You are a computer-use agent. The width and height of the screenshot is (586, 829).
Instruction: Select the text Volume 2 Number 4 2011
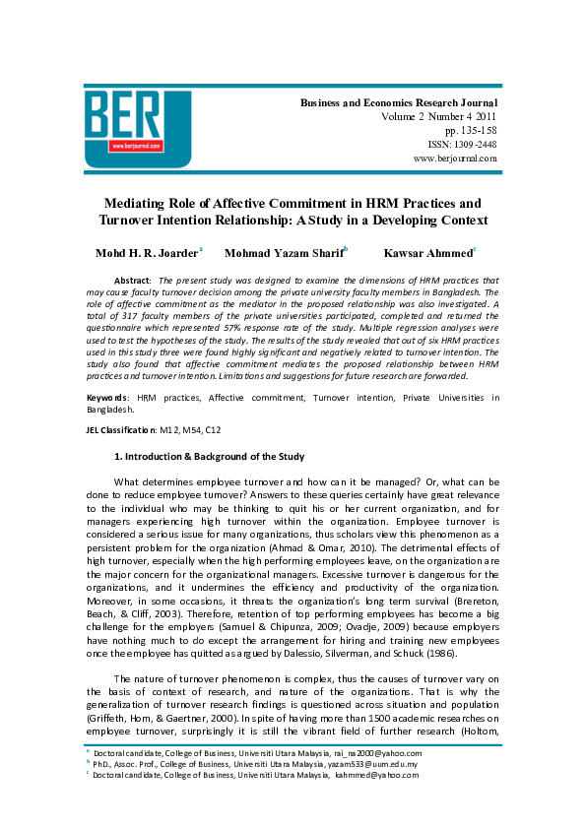[x=438, y=116]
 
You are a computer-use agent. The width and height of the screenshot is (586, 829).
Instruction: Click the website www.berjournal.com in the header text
[x=455, y=158]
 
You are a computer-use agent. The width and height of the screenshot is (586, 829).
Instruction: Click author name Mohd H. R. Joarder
[x=147, y=254]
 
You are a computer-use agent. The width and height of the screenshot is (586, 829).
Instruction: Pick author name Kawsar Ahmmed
[x=428, y=254]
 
